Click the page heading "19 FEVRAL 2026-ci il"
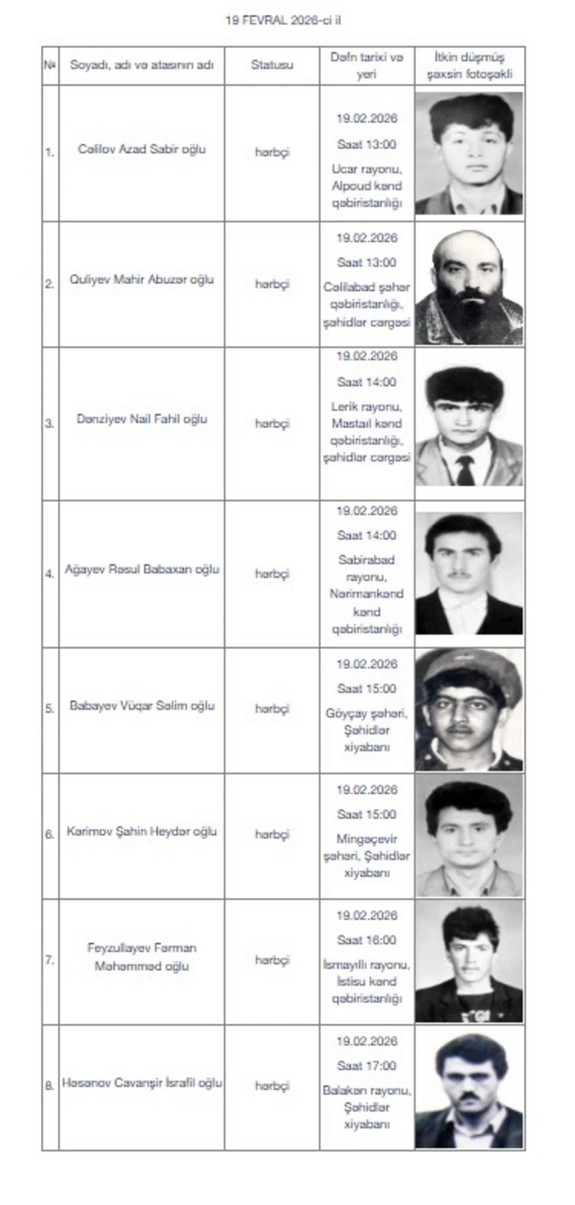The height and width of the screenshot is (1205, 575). coord(277,19)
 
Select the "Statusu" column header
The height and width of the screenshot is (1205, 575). coord(272,64)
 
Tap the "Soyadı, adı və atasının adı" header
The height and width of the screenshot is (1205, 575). coord(142,64)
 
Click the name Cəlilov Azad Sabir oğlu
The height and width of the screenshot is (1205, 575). coord(142,149)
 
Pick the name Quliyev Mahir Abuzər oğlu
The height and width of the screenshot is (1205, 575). coord(142,280)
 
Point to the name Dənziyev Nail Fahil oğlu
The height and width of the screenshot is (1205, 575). coord(142,420)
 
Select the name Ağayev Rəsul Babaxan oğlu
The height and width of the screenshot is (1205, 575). coord(142,569)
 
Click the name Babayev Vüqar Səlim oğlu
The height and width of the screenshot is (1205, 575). coord(142,706)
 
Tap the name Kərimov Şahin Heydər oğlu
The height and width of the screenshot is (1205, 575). coord(142,832)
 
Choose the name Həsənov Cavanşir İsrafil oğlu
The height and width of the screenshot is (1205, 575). coord(142,1083)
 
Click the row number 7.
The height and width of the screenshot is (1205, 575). coord(49,960)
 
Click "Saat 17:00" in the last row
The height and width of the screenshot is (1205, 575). coord(366,1066)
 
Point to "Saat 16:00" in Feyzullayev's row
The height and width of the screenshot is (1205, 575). coord(366,940)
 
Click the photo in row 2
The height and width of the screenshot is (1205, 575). coord(469,285)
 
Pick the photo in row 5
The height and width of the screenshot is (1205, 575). coord(469,709)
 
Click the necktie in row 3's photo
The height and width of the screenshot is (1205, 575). coord(465,470)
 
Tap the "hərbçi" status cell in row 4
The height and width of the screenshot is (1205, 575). coord(272,573)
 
